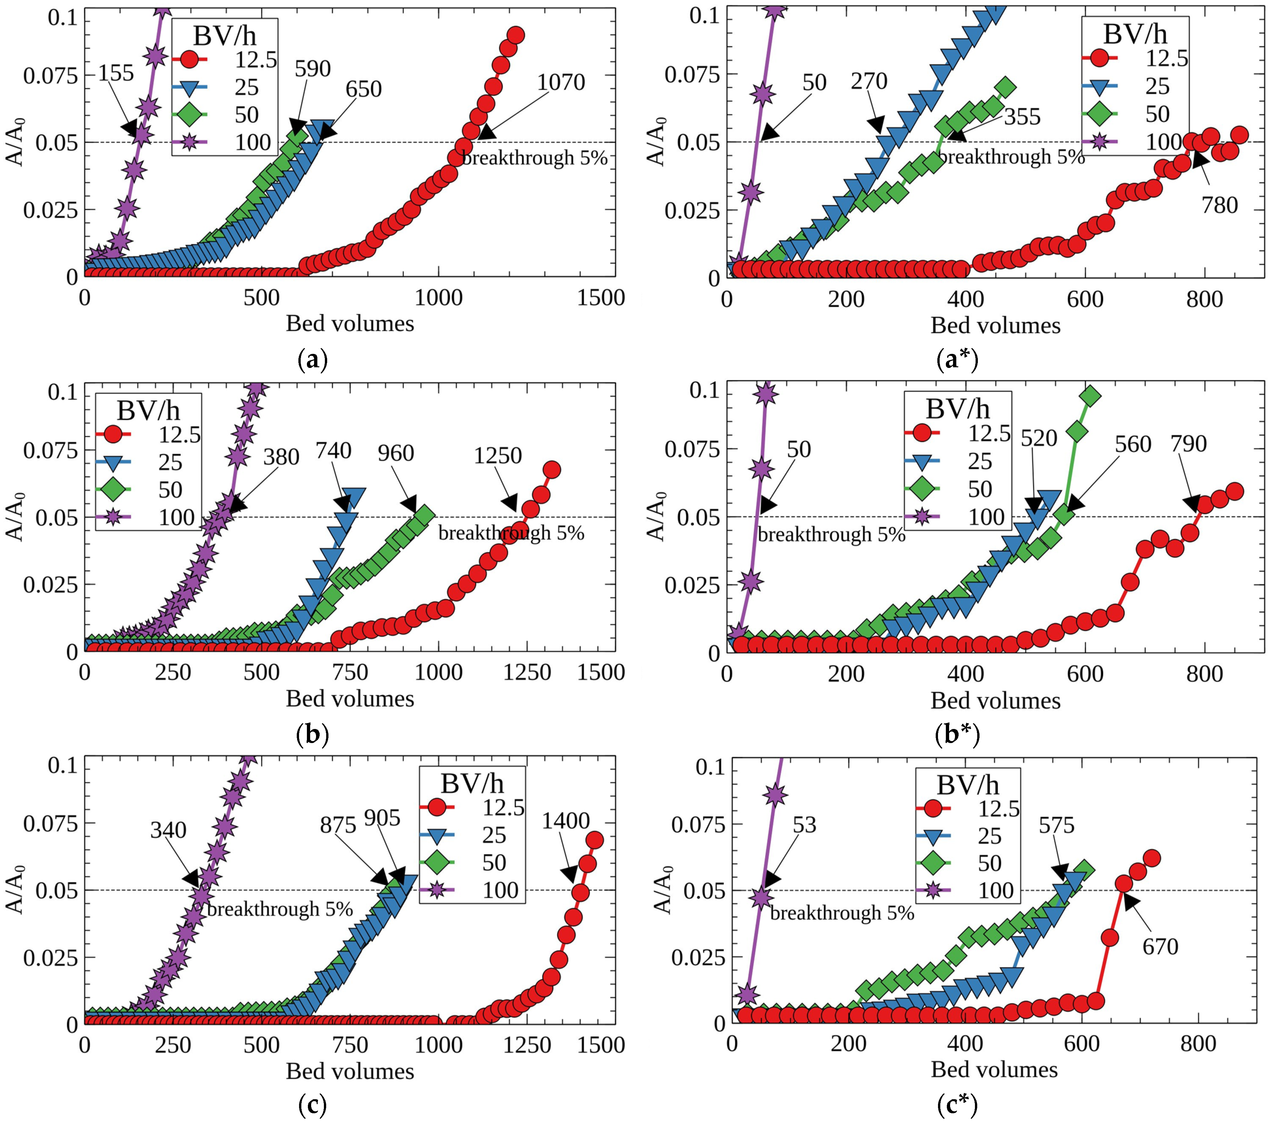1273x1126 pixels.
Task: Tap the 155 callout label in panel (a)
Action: [116, 73]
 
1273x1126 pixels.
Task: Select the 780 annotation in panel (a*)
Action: [1219, 205]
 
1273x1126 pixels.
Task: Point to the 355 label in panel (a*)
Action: [1022, 116]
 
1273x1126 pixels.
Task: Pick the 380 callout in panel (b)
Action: [281, 457]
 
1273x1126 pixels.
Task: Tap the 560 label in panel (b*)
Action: [1133, 444]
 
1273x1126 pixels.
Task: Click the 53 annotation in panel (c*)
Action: [804, 825]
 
